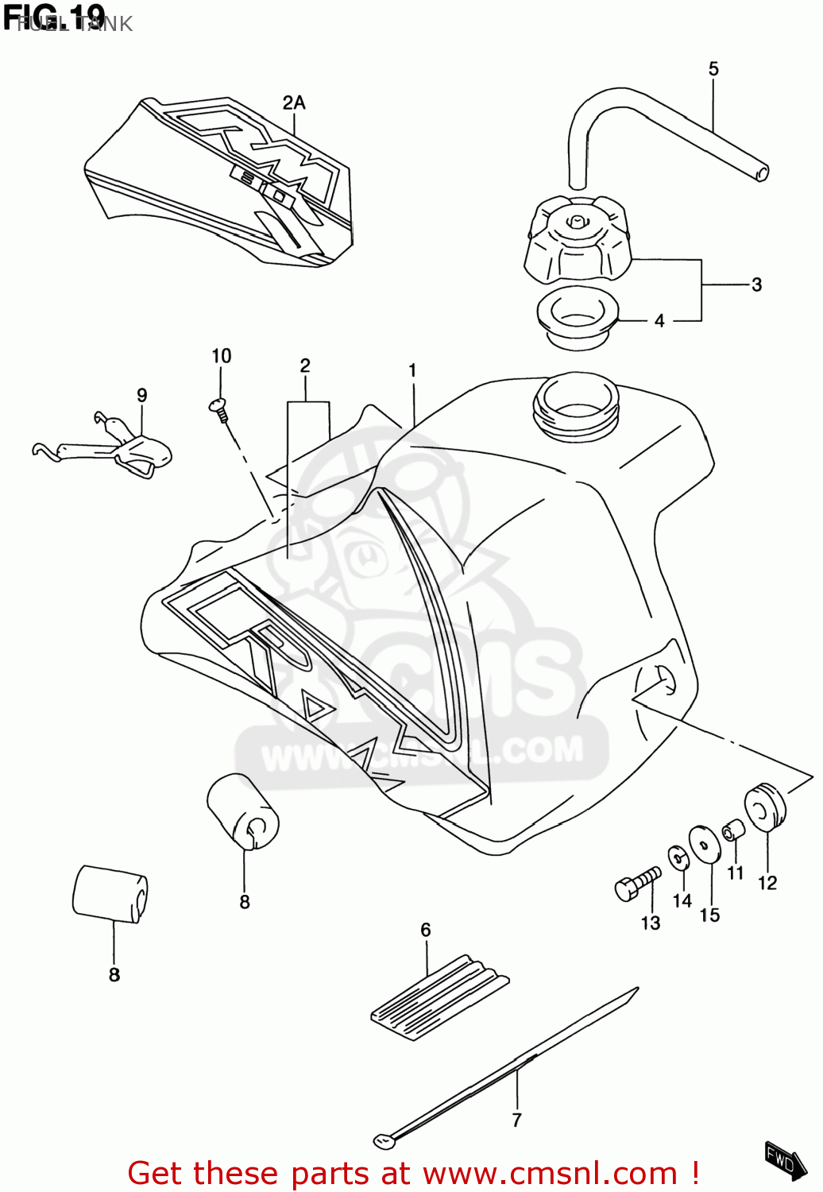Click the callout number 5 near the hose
pos(713,69)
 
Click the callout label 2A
pos(294,103)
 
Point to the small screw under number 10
pos(218,408)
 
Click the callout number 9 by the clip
pos(142,395)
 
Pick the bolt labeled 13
pos(637,884)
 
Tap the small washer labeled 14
pos(679,858)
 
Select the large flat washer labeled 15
pos(704,843)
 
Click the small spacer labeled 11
pos(732,830)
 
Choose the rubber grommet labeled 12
pos(764,807)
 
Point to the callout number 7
pos(517,1120)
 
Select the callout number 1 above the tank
pos(412,370)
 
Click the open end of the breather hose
pos(761,173)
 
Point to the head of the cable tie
pos(384,1142)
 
